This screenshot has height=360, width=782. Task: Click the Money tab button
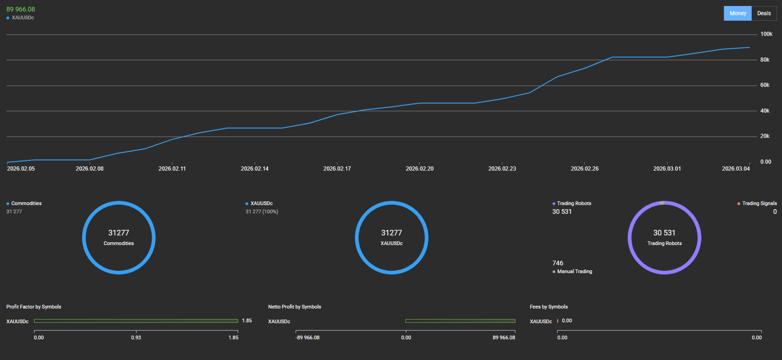tap(737, 13)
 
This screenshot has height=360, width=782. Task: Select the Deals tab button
tap(764, 13)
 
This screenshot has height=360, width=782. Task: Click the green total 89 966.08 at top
tap(21, 9)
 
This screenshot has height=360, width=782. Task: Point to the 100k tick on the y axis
tap(766, 34)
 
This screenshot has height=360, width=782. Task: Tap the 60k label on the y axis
tap(765, 85)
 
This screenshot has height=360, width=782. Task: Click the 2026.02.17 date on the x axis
tap(337, 169)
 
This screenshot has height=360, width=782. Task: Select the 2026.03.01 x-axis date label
tap(667, 169)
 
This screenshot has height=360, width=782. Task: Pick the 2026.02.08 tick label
tap(90, 169)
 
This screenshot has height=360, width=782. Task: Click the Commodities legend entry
tap(26, 203)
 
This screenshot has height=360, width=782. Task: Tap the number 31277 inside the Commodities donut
tap(119, 233)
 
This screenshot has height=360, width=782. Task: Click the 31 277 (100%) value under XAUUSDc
tap(262, 211)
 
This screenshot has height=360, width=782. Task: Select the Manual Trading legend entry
tap(574, 271)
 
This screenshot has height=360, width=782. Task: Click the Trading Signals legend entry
tap(759, 203)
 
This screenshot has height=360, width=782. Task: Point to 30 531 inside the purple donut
tap(664, 233)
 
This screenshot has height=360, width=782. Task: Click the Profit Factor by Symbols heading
tap(34, 307)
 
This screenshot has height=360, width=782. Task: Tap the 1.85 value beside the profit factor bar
tap(247, 320)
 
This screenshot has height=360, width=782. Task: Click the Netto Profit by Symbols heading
tap(294, 307)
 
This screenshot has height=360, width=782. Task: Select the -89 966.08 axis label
tap(308, 337)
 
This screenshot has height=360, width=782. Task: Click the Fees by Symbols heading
tap(548, 307)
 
